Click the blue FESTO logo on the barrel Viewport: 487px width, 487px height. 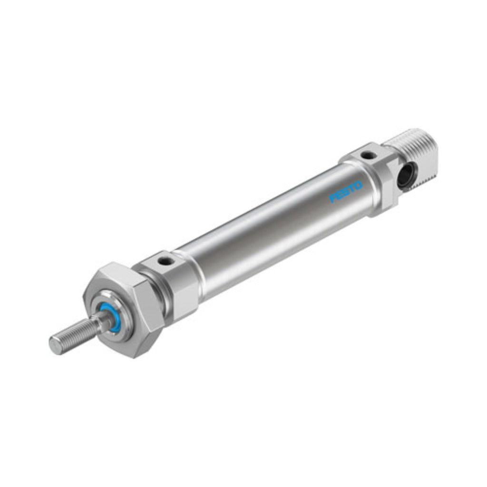[345, 192]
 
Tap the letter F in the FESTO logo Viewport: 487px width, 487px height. [332, 198]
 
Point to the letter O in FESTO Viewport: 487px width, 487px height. [358, 186]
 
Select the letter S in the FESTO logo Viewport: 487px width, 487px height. [345, 192]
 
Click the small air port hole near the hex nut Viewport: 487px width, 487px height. [164, 263]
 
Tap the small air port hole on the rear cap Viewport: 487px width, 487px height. [368, 154]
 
